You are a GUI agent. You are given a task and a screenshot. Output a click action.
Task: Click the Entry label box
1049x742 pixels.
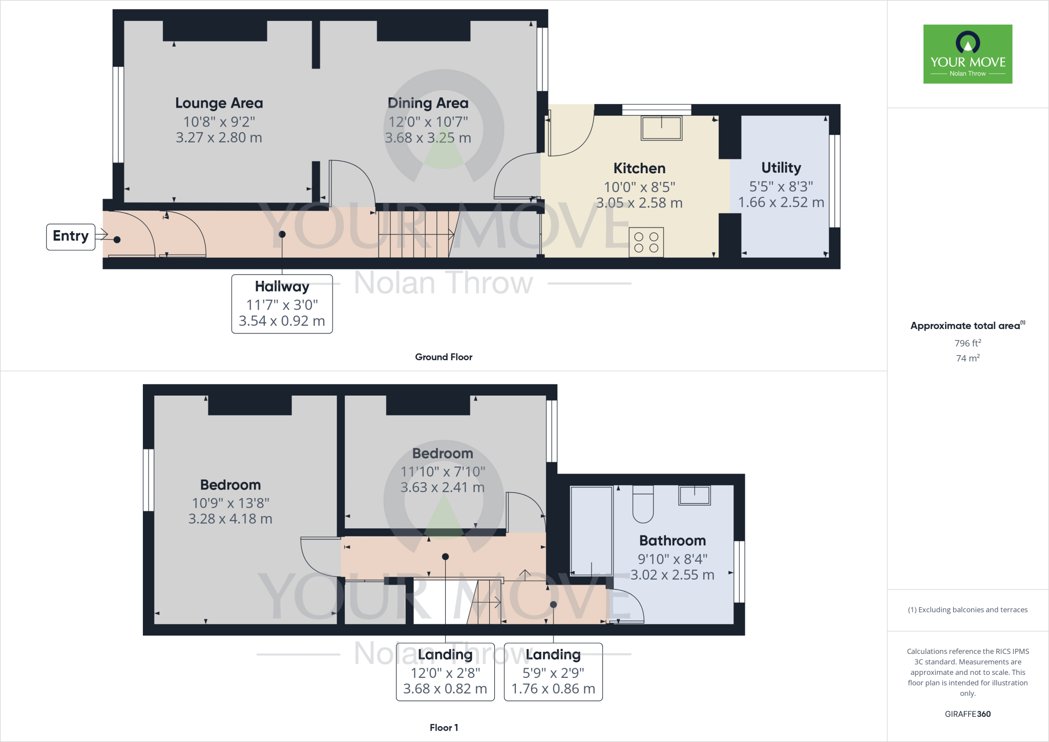coord(71,236)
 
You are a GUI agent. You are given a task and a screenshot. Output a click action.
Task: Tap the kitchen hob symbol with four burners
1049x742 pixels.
coord(646,242)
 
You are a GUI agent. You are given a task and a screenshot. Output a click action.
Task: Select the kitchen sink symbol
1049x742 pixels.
coord(661,128)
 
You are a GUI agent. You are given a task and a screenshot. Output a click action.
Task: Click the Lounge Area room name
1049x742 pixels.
coord(219,103)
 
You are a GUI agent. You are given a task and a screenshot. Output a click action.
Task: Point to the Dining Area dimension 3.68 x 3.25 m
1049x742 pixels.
coord(428,138)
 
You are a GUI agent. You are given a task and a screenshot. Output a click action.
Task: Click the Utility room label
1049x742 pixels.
coord(781,168)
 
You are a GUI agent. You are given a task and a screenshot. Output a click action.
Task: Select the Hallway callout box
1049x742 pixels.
coord(282,304)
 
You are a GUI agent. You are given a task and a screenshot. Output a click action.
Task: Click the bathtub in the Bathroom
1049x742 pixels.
coord(591,530)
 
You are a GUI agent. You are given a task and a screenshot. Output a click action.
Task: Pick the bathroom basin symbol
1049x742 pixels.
coord(695,495)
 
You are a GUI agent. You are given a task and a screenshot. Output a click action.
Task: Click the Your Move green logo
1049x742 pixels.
coord(968,54)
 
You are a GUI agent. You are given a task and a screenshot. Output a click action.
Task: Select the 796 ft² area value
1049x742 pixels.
coord(968,343)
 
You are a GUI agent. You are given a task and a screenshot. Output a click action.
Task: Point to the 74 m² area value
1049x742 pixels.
coord(968,358)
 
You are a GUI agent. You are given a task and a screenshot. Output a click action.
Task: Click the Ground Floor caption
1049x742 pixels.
coord(444,357)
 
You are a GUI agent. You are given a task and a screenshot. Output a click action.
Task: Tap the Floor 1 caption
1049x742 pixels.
coord(444,727)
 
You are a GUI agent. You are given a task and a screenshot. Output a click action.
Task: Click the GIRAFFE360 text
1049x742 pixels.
coord(968,714)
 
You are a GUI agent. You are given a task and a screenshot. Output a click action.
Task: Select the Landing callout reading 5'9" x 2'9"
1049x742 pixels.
coord(553,672)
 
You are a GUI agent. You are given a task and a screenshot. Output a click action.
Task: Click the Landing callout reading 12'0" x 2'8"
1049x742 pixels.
coord(445,672)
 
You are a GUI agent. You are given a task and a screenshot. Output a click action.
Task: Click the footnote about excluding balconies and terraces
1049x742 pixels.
coord(968,610)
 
